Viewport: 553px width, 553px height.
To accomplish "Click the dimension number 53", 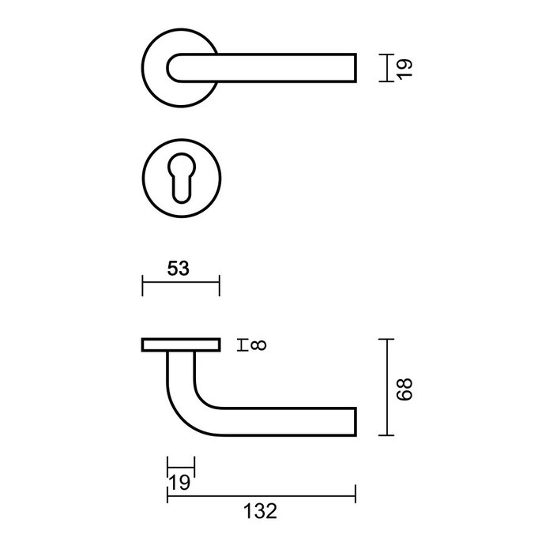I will (x=179, y=269).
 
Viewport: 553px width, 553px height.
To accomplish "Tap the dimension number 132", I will (x=261, y=511).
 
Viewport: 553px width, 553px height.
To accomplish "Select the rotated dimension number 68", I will (x=404, y=387).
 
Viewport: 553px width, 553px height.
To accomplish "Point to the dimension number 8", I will (x=261, y=344).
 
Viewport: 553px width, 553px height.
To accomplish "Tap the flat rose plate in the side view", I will (x=180, y=344).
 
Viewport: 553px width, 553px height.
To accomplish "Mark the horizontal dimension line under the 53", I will (x=180, y=285).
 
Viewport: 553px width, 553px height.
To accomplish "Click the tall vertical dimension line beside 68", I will (x=385, y=387).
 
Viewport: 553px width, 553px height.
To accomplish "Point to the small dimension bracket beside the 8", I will (x=243, y=344).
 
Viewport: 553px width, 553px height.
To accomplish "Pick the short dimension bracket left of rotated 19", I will (x=382, y=68).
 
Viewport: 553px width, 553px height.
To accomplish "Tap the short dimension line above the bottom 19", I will (x=180, y=465).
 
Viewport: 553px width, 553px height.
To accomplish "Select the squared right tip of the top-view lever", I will (x=352, y=68).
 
